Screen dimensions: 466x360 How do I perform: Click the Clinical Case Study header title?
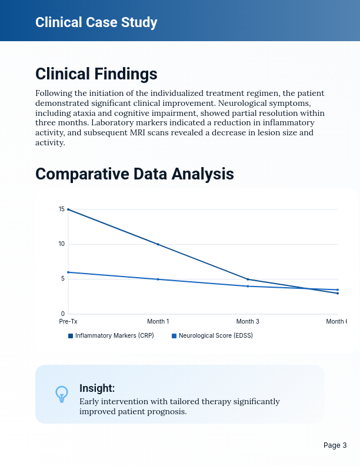click(96, 22)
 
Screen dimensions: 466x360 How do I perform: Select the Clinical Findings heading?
click(96, 74)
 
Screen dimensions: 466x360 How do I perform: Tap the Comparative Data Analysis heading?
click(135, 174)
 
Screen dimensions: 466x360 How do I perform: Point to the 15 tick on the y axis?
click(62, 209)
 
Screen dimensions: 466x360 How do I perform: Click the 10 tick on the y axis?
click(62, 244)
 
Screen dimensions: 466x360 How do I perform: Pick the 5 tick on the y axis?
click(63, 279)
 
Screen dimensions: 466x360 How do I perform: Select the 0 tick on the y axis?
click(63, 314)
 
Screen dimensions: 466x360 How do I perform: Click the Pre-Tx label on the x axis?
click(68, 322)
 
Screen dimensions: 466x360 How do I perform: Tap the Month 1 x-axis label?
click(158, 322)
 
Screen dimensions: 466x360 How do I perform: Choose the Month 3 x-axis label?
click(248, 322)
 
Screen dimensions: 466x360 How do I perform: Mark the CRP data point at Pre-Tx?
click(68, 209)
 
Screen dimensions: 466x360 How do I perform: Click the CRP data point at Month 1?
click(158, 244)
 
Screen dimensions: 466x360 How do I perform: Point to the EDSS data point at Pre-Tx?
click(68, 272)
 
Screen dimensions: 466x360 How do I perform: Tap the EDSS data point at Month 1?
click(158, 279)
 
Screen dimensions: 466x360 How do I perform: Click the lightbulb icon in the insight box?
click(61, 394)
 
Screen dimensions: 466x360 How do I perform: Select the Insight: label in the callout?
click(97, 388)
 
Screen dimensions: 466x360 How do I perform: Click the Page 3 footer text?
click(335, 445)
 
